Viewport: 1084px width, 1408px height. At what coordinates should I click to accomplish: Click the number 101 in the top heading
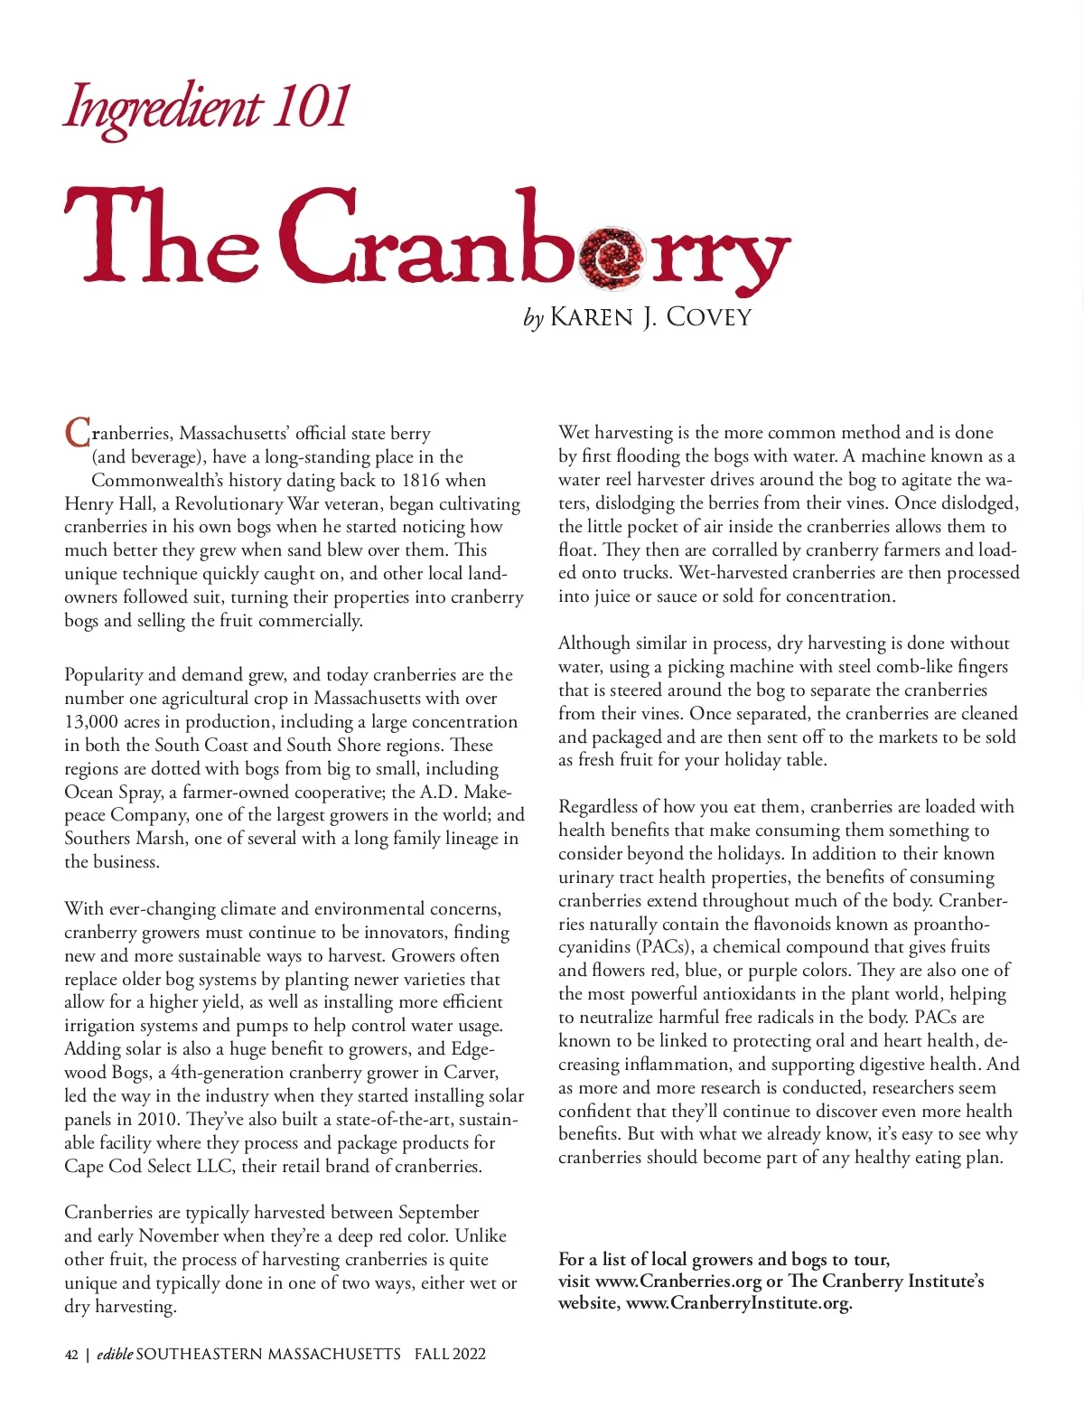coord(311,107)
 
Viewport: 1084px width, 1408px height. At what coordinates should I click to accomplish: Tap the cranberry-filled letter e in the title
coord(612,255)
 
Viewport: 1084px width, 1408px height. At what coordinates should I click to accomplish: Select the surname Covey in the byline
coord(708,317)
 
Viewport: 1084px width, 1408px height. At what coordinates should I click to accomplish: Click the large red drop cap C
coord(78,433)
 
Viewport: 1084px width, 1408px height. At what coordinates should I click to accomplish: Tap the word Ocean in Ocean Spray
coord(89,792)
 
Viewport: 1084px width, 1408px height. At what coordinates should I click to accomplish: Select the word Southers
coord(98,838)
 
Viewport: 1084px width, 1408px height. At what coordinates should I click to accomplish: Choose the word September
coord(438,1212)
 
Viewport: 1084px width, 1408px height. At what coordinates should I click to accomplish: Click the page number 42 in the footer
coord(71,1354)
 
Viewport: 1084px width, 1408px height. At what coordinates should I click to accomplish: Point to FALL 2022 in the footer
coord(450,1354)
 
